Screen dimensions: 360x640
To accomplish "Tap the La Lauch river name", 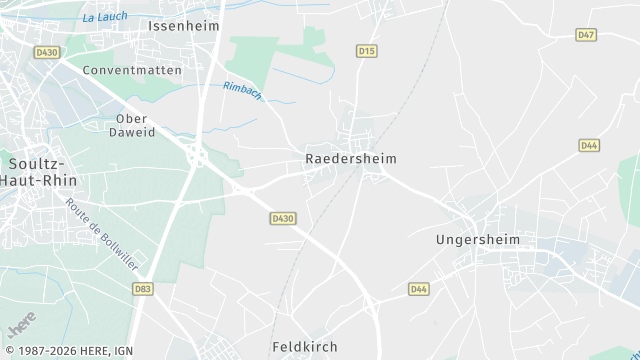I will [x=104, y=17].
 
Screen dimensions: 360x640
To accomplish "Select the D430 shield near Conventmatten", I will [x=46, y=51].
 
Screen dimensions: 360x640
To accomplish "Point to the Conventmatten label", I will [x=132, y=71].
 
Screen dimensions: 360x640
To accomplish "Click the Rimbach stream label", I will [x=243, y=90].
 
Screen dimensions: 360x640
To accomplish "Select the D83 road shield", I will [x=143, y=288].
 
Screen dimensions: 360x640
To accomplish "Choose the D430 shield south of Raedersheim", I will [x=283, y=218].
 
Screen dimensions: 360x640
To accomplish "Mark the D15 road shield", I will [x=367, y=50].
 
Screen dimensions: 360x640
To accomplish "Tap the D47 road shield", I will [x=587, y=35].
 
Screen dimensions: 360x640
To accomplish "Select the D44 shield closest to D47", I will [x=589, y=145].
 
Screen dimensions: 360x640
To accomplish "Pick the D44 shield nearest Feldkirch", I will [x=419, y=289].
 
